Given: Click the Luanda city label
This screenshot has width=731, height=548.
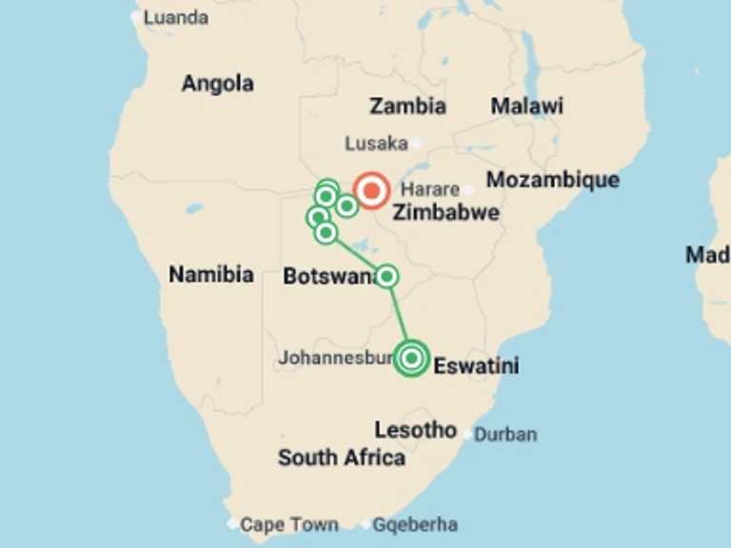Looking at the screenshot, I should tap(175, 17).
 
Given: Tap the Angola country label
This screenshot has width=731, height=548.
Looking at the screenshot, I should tap(217, 84).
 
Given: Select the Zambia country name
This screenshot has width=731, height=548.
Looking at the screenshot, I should tap(407, 106).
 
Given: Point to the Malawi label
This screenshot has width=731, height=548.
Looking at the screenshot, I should tap(526, 106).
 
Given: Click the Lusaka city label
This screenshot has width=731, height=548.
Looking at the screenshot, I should tap(376, 144).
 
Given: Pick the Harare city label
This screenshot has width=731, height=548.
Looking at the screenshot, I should tap(430, 189).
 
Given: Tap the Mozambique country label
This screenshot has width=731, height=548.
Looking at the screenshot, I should tap(552, 180).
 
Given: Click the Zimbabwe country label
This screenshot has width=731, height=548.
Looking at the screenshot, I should tap(445, 212).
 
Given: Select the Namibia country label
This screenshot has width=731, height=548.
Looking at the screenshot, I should tap(211, 275).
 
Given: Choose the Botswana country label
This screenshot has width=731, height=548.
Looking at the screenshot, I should tap(327, 277).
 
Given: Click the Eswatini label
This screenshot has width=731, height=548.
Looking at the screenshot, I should tap(476, 365).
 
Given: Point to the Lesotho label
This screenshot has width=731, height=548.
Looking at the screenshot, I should tap(415, 429).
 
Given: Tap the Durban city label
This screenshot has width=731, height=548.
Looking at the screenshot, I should tap(505, 435).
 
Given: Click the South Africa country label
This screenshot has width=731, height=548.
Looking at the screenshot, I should tap(341, 458).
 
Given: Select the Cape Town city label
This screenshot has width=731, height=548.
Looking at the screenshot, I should tap(288, 524).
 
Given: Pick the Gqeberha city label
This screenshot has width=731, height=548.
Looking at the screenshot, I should tap(414, 524).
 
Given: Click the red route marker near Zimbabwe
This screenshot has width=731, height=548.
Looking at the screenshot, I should tap(370, 190).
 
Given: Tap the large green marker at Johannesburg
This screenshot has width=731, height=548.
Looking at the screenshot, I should tap(411, 359).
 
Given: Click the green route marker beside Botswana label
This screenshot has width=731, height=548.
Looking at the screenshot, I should tap(386, 277).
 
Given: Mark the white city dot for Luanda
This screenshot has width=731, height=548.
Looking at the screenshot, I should tap(134, 16).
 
